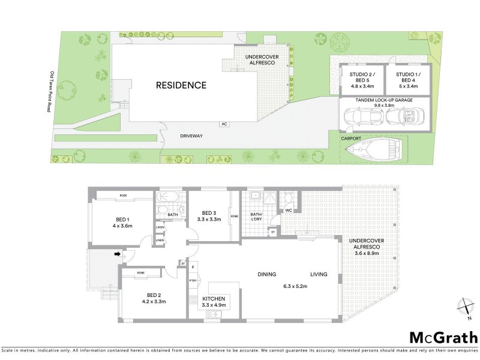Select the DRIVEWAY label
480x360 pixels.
tap(191, 136)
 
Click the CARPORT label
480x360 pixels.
tap(352, 138)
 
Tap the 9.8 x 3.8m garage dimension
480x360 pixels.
tap(385, 104)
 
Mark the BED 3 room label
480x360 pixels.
tap(209, 213)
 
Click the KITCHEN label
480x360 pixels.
tap(214, 299)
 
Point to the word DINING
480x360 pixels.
tap(267, 275)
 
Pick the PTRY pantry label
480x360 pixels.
tap(193, 281)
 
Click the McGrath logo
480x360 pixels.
tap(443, 337)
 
